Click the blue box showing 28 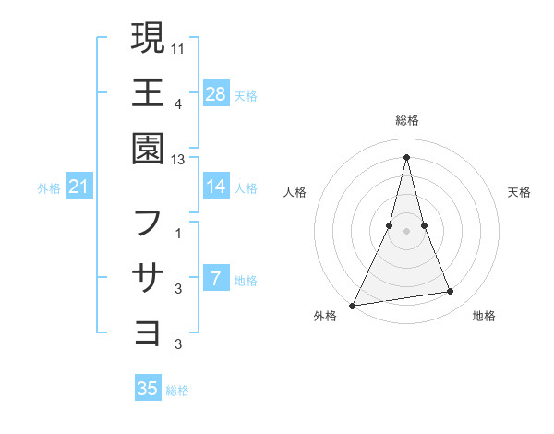(215, 93)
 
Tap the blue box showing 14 (215, 187)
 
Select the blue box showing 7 (215, 279)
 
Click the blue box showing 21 (79, 187)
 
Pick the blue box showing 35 (148, 389)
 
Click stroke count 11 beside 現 (178, 47)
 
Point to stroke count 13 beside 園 (178, 159)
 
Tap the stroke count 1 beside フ (178, 233)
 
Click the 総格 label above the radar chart (407, 120)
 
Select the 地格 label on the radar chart (484, 316)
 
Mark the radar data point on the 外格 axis (353, 305)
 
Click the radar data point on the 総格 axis (407, 157)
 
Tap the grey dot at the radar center (407, 231)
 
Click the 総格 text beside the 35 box (177, 391)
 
